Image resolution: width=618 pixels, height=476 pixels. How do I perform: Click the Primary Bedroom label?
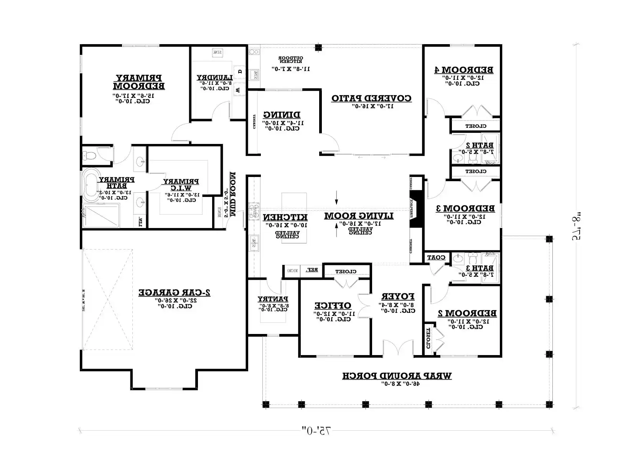[139, 82]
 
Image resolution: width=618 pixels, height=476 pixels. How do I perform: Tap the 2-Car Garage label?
[175, 292]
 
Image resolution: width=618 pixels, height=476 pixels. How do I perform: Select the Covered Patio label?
[371, 98]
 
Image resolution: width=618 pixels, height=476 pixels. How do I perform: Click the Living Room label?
[359, 216]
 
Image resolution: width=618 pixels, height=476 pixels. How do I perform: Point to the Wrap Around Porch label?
[397, 375]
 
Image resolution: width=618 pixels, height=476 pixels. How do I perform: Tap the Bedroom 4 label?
[464, 70]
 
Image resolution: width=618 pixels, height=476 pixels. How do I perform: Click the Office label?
[333, 306]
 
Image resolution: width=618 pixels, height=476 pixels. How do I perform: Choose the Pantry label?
[273, 299]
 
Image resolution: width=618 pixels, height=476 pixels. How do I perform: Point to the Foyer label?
[398, 296]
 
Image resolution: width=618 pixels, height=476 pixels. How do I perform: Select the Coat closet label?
[436, 257]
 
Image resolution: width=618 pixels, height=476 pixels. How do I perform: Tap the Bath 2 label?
[480, 145]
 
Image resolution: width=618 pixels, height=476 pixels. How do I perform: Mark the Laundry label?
[214, 77]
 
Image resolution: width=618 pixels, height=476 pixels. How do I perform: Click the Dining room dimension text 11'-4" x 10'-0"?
[283, 123]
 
